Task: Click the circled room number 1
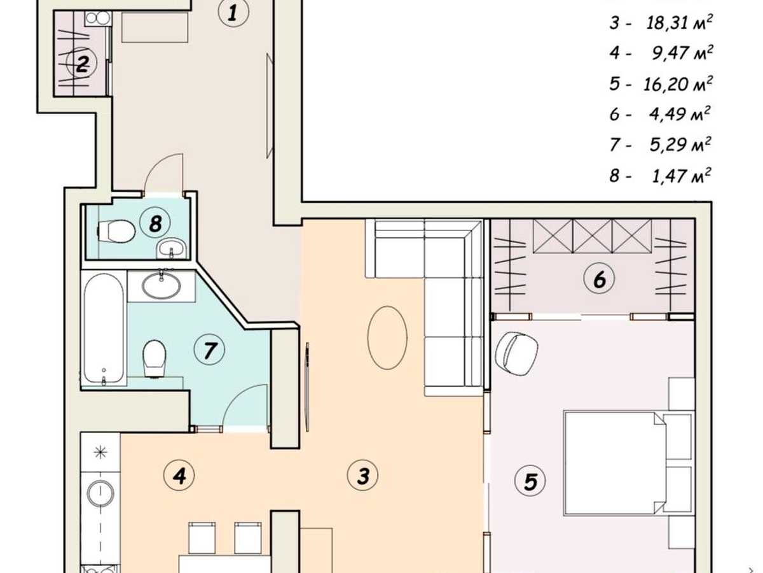[x=233, y=13]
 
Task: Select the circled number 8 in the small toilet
[x=155, y=223]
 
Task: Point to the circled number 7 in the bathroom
[x=209, y=350]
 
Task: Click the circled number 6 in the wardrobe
[x=600, y=278]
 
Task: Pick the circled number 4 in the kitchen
[x=179, y=476]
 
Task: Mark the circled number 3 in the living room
[x=363, y=475]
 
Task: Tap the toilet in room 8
[x=116, y=231]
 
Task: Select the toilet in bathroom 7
[x=155, y=359]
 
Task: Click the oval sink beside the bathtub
[x=162, y=286]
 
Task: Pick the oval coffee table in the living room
[x=387, y=338]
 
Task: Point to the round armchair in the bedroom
[x=516, y=354]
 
